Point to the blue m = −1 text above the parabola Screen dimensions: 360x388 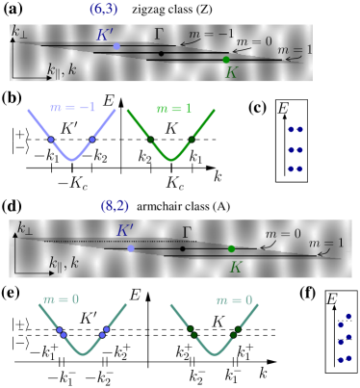73,108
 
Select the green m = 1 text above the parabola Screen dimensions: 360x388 173,109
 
